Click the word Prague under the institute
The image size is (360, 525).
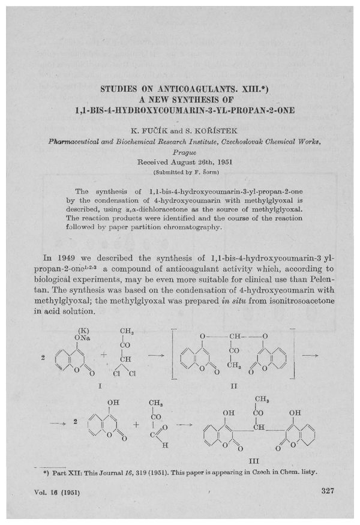[180, 152]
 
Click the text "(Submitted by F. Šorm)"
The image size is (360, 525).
[180, 172]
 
